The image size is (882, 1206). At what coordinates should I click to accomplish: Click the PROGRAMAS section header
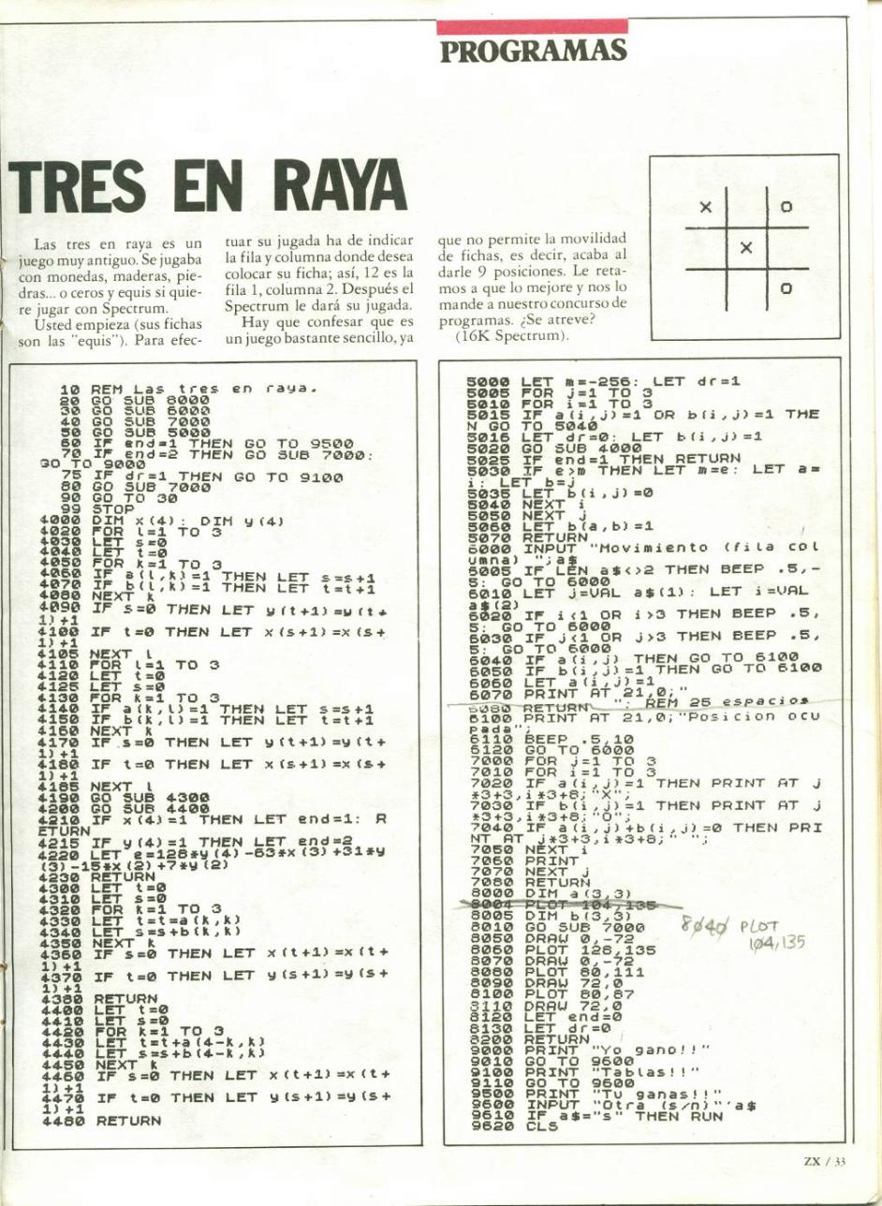click(x=533, y=51)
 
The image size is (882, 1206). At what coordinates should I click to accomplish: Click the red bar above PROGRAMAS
click(x=533, y=27)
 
